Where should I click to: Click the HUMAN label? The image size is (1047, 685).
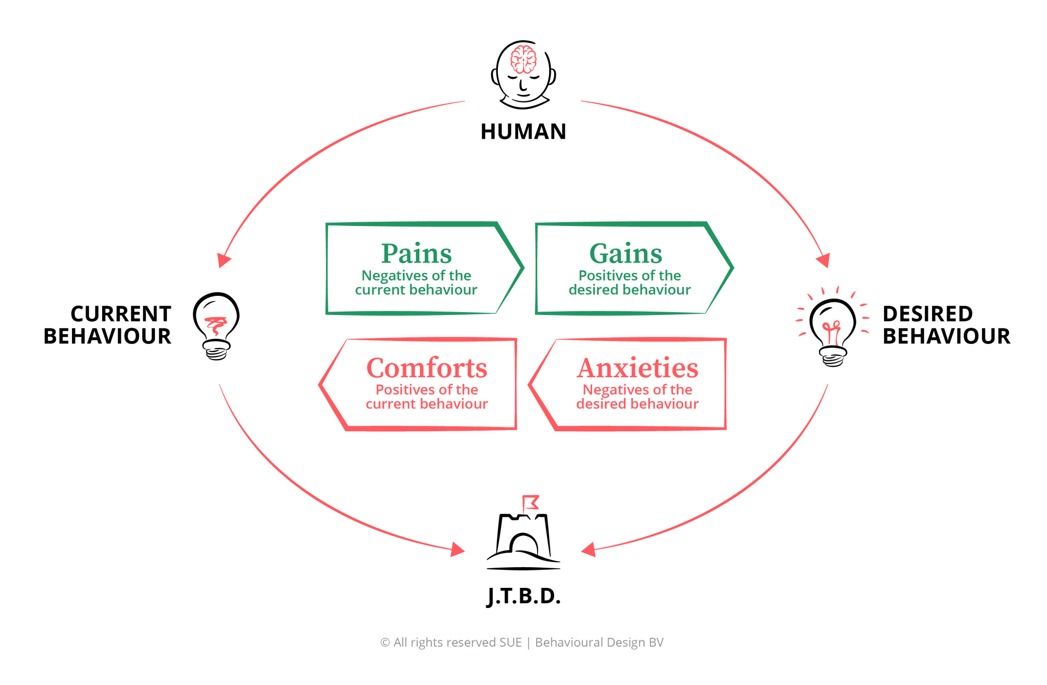point(523,132)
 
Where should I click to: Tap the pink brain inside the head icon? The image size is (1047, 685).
point(523,59)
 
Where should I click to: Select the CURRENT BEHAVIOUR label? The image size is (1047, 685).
point(107,325)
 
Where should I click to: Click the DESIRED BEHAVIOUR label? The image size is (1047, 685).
point(946,325)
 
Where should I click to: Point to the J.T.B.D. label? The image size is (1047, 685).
point(523,596)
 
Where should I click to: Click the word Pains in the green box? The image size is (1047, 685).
point(416,253)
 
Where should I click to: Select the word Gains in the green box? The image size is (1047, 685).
point(625,253)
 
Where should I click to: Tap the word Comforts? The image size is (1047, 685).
point(426,368)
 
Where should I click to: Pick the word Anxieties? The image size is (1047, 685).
point(637,368)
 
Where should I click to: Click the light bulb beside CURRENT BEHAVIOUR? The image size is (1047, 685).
point(216,325)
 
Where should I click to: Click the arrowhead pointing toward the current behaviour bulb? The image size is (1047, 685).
point(223,259)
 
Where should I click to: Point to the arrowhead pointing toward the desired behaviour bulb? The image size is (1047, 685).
point(824,259)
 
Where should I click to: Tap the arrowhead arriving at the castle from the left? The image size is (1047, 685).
point(458,549)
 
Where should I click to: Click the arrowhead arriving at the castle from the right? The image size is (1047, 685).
point(588,549)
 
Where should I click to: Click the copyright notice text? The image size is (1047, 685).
point(522,642)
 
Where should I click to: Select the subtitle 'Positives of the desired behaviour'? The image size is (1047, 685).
point(629,283)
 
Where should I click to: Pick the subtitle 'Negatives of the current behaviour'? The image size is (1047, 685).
point(416,283)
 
